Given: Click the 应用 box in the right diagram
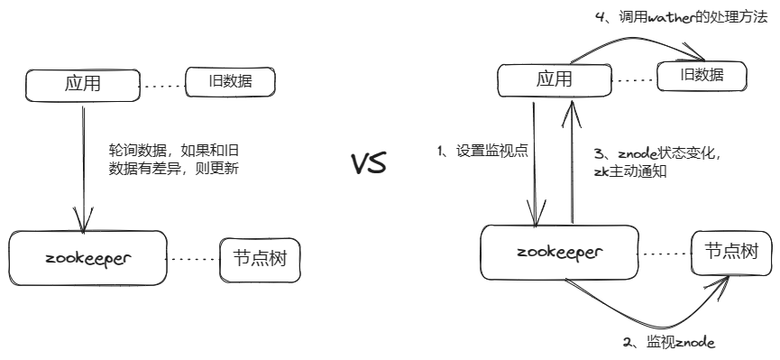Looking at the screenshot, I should point(554,79).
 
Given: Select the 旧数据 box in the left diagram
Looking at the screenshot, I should point(229,83).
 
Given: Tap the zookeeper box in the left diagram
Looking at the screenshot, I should point(87,257).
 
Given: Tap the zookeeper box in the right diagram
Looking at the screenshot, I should point(559,252).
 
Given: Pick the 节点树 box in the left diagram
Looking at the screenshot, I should point(260,260).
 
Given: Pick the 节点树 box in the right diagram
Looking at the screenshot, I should point(730,252).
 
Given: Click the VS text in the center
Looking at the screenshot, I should point(368,164).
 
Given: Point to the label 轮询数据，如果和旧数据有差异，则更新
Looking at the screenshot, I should point(173,158).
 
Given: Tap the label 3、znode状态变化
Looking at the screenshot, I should point(657,152).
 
